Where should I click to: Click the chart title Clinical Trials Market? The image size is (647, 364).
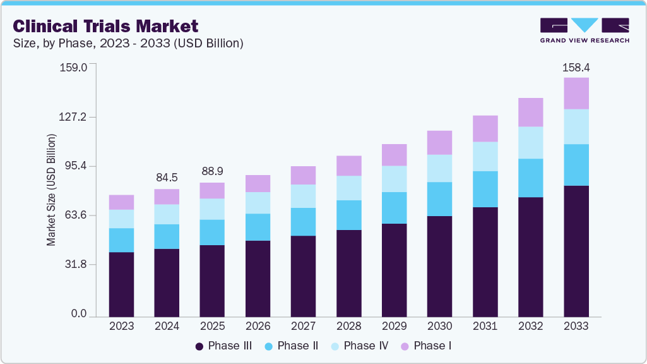point(105,26)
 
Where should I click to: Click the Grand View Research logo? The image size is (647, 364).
point(585,30)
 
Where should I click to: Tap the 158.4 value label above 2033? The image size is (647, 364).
point(576,67)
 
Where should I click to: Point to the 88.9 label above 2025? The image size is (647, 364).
point(212,171)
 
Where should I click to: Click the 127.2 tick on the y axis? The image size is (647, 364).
point(74,117)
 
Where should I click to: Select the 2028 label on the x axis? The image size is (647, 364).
point(348,326)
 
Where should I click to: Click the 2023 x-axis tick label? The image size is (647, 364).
point(121,326)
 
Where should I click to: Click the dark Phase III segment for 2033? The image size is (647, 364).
point(576,251)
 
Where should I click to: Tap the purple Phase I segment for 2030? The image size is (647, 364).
point(440,143)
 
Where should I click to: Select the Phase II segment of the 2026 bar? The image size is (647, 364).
point(258,227)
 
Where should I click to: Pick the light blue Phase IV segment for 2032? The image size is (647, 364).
point(531,142)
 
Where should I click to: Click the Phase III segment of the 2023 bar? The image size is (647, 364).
point(121,284)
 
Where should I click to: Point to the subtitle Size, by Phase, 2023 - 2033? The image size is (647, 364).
point(128,44)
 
